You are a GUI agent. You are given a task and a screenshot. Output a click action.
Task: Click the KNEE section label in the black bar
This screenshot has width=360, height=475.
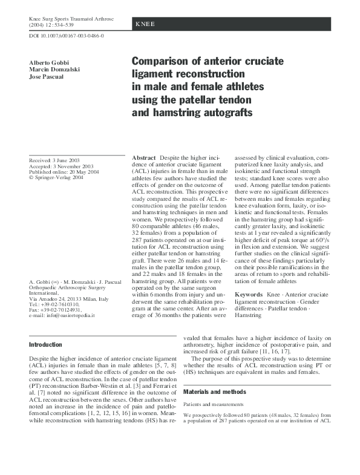coord(145,24)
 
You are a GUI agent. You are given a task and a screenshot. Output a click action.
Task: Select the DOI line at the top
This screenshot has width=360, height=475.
coord(67,36)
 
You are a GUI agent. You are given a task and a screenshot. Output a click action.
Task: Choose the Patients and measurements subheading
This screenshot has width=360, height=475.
coord(214,404)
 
